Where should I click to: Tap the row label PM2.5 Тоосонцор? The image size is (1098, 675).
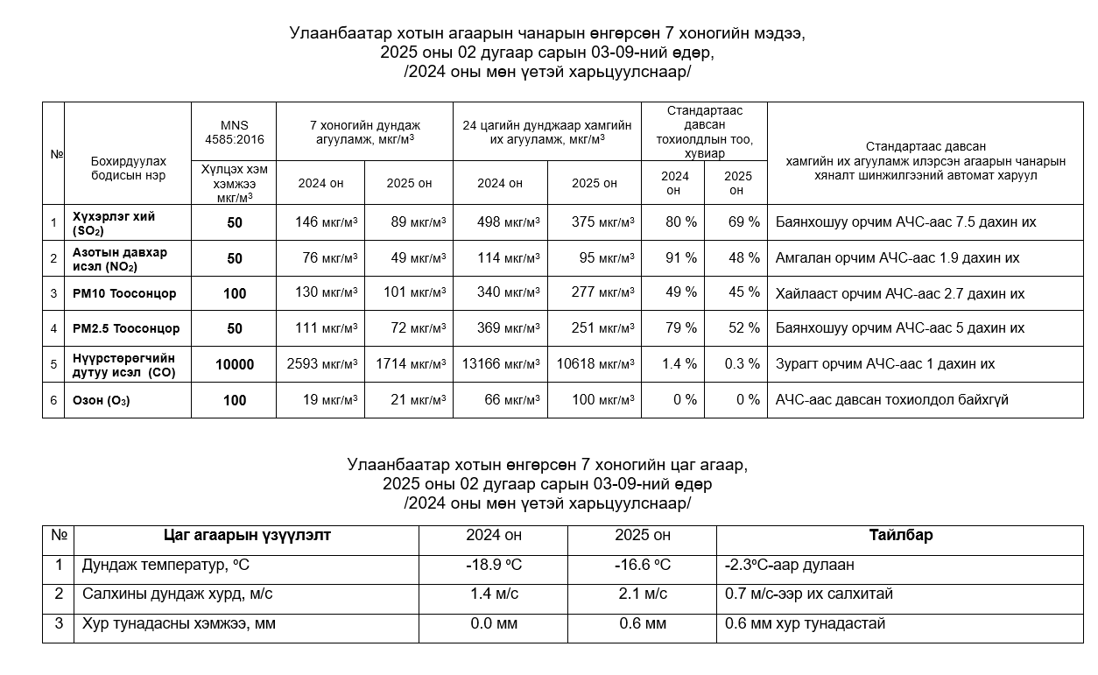pos(126,328)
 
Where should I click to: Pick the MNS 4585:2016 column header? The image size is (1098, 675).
pos(234,132)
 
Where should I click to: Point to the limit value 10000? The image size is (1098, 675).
pos(235,364)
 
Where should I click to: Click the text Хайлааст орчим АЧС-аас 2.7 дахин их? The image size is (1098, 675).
pos(899,293)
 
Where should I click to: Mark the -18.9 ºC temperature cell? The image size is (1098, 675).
pos(494,566)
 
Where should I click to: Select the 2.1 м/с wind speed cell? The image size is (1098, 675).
pos(642,594)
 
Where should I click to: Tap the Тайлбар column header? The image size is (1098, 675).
pos(900,535)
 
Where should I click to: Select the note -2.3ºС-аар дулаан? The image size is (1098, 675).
pos(789,566)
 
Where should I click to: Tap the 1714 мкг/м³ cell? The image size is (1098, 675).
pos(411,364)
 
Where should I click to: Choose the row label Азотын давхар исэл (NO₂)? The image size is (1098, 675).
pos(120,258)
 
